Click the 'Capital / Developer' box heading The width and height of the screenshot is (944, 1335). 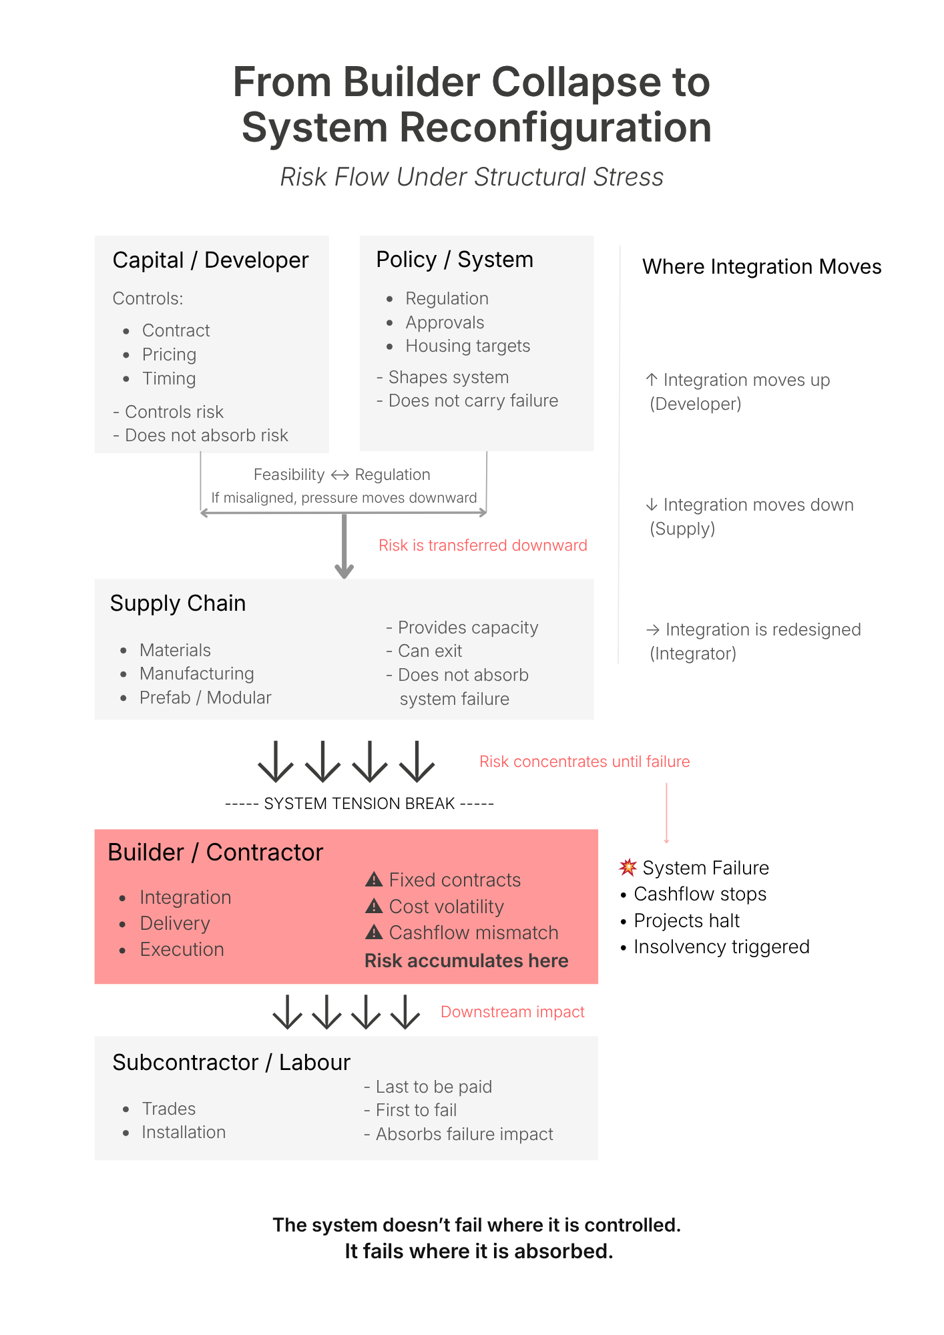click(x=210, y=260)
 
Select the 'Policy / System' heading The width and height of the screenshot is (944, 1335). click(x=455, y=260)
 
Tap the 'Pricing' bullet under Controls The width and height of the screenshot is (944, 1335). click(x=169, y=354)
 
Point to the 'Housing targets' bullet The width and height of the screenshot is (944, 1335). click(x=467, y=346)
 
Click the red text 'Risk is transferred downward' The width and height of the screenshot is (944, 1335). click(x=483, y=545)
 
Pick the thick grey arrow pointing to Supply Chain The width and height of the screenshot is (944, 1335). click(x=344, y=544)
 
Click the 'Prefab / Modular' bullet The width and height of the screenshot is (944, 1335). click(x=205, y=698)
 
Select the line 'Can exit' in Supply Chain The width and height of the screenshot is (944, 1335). click(x=429, y=651)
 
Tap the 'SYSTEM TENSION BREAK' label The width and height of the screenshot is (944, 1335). click(x=359, y=804)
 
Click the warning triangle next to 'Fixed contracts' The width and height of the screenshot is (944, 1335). click(x=374, y=880)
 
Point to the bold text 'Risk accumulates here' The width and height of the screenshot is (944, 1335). click(x=466, y=961)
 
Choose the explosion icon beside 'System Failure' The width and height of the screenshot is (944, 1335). click(x=628, y=867)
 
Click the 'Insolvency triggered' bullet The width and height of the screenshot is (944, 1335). click(x=721, y=947)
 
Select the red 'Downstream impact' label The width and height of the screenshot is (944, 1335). click(x=512, y=1012)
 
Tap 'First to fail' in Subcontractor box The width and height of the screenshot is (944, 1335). click(x=416, y=1110)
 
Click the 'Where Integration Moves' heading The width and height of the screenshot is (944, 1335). click(x=761, y=267)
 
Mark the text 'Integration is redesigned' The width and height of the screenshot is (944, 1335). click(x=762, y=629)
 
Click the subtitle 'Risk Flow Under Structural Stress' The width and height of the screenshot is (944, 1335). click(x=471, y=177)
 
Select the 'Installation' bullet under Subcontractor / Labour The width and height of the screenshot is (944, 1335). click(x=184, y=1132)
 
